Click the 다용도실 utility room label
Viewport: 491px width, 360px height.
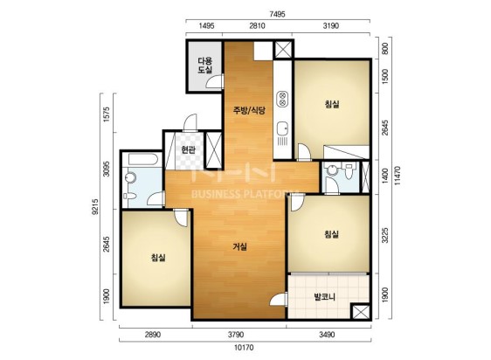204,66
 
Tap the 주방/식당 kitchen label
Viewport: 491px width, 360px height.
249,110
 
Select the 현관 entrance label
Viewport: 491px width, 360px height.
189,149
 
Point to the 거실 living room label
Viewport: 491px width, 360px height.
240,247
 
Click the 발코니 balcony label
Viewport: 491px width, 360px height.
325,296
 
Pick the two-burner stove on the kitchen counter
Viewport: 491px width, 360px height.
282,99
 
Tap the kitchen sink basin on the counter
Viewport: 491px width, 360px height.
283,128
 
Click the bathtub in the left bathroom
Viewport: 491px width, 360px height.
142,159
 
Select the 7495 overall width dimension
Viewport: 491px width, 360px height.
278,14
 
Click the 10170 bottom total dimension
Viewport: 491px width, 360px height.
244,348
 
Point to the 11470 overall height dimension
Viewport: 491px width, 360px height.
398,176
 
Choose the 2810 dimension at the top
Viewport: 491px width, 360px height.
257,25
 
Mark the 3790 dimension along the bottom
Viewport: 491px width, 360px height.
236,335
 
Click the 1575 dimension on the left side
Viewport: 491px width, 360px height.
107,114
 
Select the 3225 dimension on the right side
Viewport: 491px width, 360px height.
385,235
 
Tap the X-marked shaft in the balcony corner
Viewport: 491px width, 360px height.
360,312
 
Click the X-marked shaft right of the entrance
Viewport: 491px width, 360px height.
213,149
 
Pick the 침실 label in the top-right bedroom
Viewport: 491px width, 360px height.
332,104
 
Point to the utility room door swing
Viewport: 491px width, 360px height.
215,81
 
